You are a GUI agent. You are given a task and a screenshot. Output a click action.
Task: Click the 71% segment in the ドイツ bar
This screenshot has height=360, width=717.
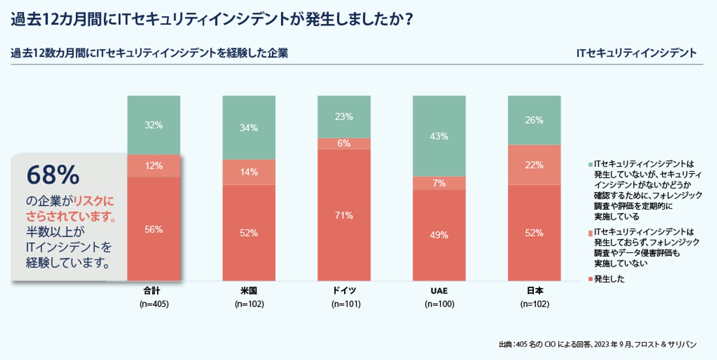tap(344, 215)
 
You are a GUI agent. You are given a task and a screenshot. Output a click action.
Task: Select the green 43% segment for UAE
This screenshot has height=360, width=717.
tap(439, 136)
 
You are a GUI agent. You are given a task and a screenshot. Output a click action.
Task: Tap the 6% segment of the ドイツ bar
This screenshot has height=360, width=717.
tap(344, 143)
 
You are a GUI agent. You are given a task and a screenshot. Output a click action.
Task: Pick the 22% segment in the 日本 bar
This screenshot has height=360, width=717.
tap(534, 165)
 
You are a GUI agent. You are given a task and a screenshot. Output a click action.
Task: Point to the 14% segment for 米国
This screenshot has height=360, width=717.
tap(249, 172)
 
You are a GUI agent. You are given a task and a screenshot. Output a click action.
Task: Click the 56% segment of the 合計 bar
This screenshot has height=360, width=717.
tap(153, 229)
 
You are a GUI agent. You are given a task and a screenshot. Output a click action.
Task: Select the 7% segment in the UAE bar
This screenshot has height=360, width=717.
tap(439, 183)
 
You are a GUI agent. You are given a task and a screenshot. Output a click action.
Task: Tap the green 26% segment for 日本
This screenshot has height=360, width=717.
tap(534, 120)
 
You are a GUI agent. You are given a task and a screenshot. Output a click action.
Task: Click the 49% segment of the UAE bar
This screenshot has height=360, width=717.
tap(439, 235)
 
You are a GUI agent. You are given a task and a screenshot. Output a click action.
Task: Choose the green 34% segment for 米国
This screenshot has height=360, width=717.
tap(249, 128)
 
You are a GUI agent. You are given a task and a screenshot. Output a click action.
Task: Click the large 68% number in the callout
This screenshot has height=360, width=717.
tap(53, 175)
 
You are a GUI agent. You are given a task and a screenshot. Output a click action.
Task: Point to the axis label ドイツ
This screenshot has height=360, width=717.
tap(344, 291)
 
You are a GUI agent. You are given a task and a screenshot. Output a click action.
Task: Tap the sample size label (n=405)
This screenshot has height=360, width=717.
tap(154, 304)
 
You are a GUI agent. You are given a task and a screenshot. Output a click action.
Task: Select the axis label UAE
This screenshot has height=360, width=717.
tap(439, 291)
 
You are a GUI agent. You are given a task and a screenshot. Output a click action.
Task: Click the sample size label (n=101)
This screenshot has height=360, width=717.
tap(346, 304)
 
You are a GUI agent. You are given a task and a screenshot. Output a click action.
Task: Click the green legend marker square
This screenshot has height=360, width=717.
tap(590, 164)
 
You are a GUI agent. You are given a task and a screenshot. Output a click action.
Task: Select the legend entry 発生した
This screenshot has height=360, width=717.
tap(609, 279)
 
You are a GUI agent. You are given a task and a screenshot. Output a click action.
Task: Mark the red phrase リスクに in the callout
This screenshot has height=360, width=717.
tap(93, 201)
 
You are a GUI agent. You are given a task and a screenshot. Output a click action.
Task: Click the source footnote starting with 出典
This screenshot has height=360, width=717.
tap(597, 344)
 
